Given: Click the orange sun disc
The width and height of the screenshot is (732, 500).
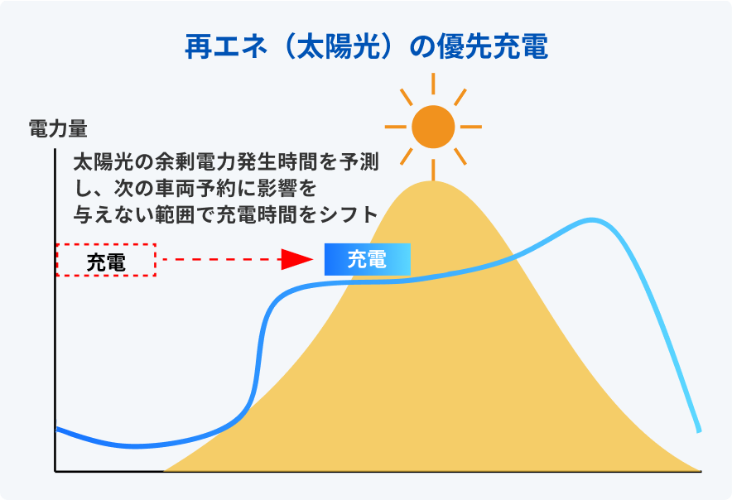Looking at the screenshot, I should (x=433, y=127).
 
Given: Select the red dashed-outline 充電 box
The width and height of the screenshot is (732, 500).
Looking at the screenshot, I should (x=106, y=260).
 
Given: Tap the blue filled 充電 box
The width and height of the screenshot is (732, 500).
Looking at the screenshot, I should (x=367, y=260).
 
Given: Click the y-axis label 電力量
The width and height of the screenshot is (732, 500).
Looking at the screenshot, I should (x=58, y=128).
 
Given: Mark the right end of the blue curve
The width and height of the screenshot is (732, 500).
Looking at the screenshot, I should (x=700, y=430).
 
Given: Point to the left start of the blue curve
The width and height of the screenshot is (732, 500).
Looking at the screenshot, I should (x=56, y=429).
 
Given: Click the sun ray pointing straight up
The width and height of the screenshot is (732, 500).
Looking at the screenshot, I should (x=433, y=84).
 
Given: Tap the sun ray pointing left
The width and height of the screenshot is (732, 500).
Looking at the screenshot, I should (x=396, y=127).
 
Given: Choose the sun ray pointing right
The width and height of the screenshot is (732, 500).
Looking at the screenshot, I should (x=470, y=127).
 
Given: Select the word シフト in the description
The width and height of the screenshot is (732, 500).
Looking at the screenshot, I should (x=352, y=213).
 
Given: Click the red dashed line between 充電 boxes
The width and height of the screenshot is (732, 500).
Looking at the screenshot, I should (x=219, y=260).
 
